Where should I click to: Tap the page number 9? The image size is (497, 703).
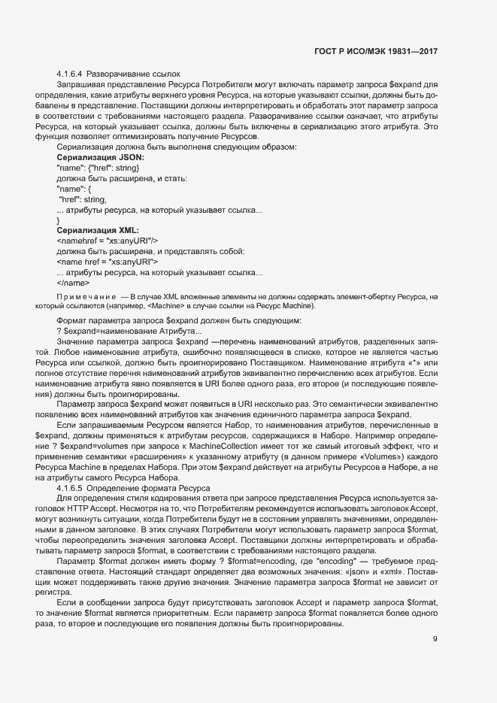coord(435,640)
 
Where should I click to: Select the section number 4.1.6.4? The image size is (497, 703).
coord(70,74)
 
